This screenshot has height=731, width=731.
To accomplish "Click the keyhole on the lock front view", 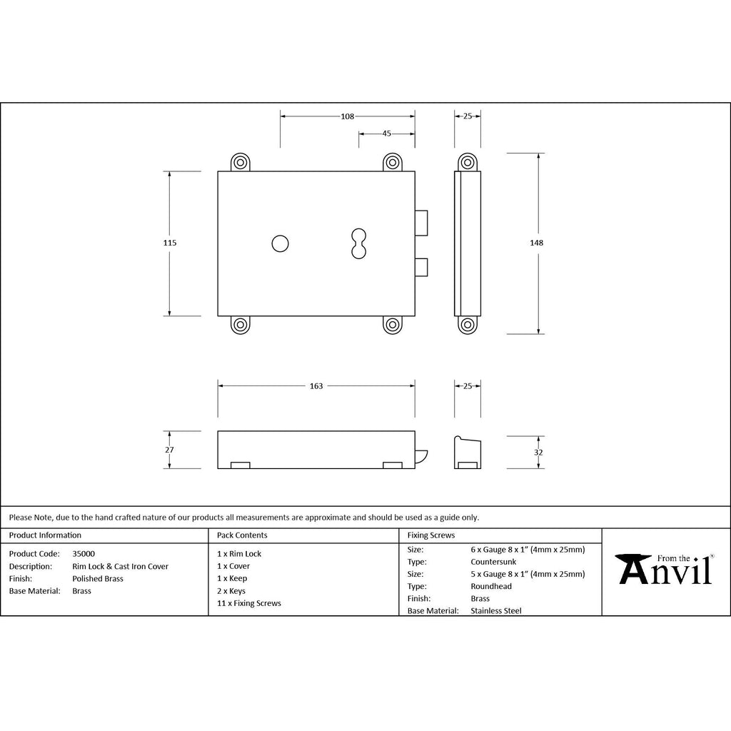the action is point(358,243).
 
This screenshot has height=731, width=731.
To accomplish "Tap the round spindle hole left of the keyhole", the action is point(280,243).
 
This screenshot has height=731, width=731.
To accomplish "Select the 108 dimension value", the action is point(348,116).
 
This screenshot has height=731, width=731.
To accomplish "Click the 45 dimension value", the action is point(386,133).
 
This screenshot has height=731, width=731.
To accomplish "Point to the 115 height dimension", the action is point(170,243).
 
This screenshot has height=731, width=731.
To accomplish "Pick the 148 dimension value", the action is point(537,243).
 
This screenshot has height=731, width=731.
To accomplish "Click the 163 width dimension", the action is point(316,386).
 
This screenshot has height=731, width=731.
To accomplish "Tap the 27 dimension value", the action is point(169,450).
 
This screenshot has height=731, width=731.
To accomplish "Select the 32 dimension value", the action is point(538,453).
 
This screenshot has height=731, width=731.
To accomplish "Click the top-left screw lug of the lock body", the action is point(241,162).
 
